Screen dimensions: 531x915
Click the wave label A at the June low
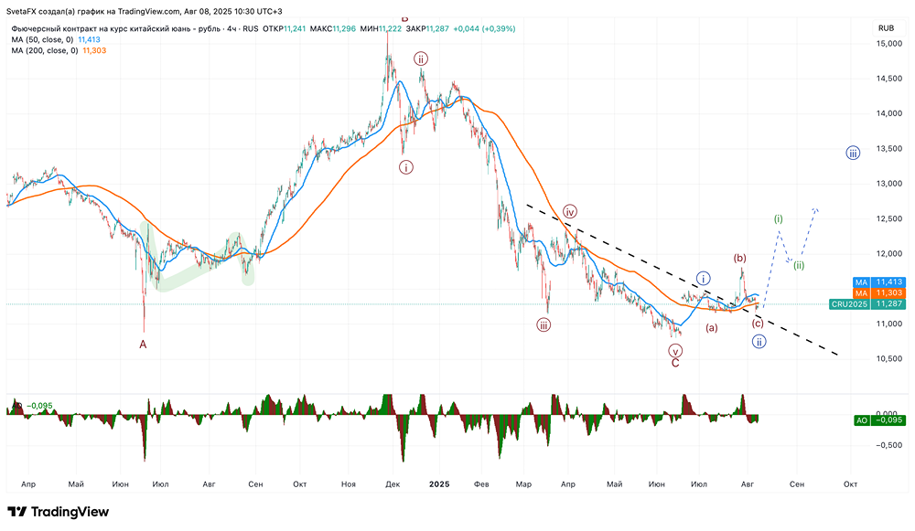tap(143, 345)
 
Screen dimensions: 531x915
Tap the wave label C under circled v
tap(675, 363)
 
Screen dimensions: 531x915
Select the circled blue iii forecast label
tap(852, 153)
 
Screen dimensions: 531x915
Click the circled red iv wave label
tap(569, 212)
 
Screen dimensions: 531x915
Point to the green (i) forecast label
tap(779, 219)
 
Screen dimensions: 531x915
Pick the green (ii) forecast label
tap(799, 265)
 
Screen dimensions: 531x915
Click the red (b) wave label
tap(740, 259)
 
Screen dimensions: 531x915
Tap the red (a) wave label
tap(711, 327)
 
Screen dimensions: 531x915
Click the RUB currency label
tap(885, 28)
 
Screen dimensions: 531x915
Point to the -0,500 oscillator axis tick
tap(885, 445)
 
